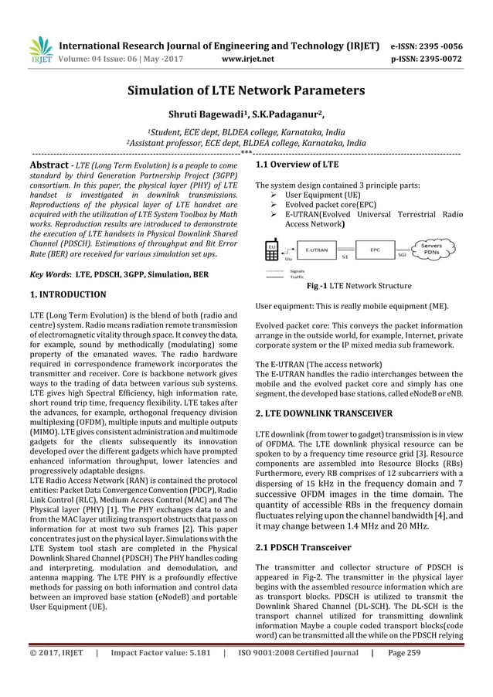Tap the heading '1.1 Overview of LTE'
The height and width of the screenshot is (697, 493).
(x=297, y=165)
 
